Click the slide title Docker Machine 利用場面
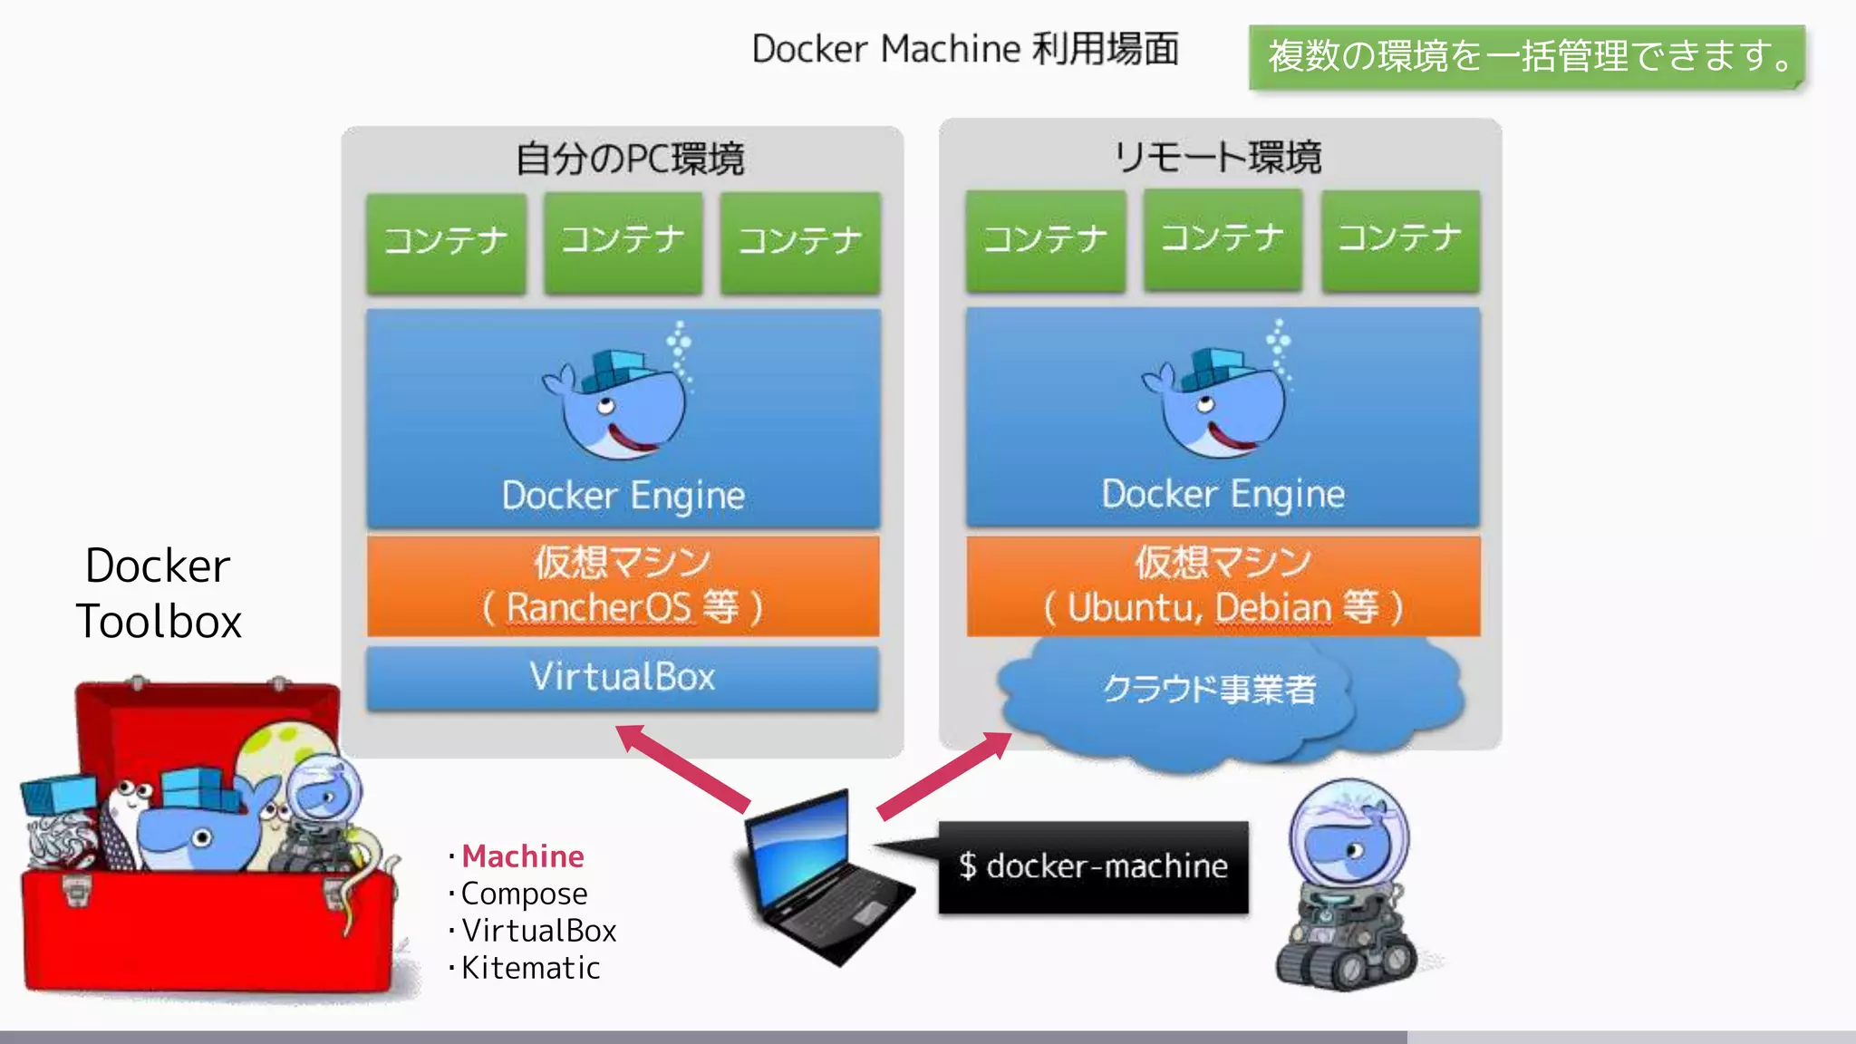(965, 49)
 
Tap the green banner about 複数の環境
(1528, 56)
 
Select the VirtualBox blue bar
(623, 677)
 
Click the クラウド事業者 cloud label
(1209, 689)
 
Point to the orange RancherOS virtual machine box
(623, 585)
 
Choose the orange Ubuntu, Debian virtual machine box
(1223, 585)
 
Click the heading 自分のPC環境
(629, 159)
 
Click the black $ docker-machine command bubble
(1093, 867)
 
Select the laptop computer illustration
(825, 879)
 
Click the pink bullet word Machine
(523, 856)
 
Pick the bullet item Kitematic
(530, 968)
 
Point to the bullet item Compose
(524, 894)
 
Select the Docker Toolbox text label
(159, 594)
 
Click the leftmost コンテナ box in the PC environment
(446, 243)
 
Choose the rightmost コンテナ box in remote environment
(1400, 240)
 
